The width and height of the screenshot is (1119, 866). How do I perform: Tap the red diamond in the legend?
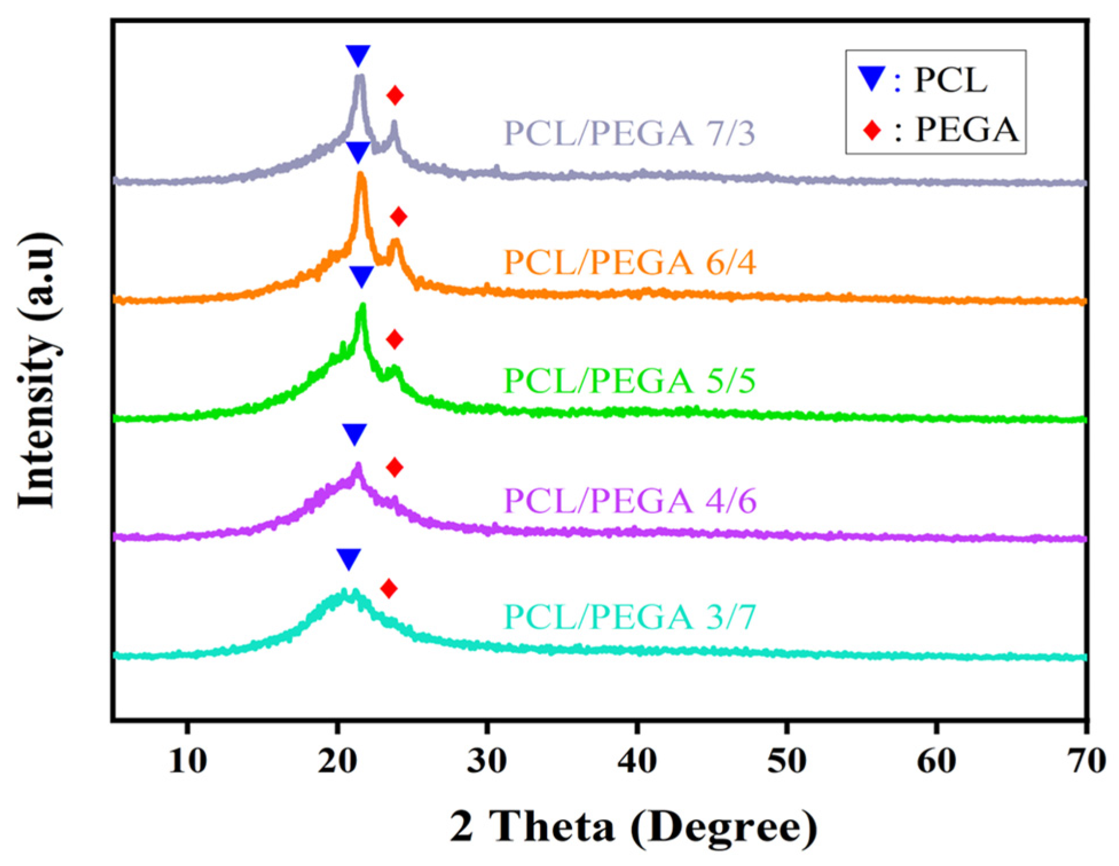point(872,130)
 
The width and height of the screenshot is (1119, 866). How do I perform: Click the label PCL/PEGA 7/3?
point(629,133)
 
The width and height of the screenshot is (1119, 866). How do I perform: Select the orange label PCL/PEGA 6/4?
point(629,262)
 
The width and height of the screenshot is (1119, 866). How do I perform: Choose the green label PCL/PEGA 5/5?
point(629,381)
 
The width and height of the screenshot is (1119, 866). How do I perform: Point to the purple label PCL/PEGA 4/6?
point(629,501)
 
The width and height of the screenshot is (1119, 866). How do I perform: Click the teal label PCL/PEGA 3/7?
point(629,617)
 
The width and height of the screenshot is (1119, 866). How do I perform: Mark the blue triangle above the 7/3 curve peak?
point(358,55)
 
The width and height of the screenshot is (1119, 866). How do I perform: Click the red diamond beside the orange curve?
point(399,216)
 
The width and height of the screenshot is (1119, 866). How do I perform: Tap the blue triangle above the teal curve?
point(349,558)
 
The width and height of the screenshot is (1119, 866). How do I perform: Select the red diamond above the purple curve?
point(395,467)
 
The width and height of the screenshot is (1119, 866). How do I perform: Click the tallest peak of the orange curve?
point(361,176)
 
